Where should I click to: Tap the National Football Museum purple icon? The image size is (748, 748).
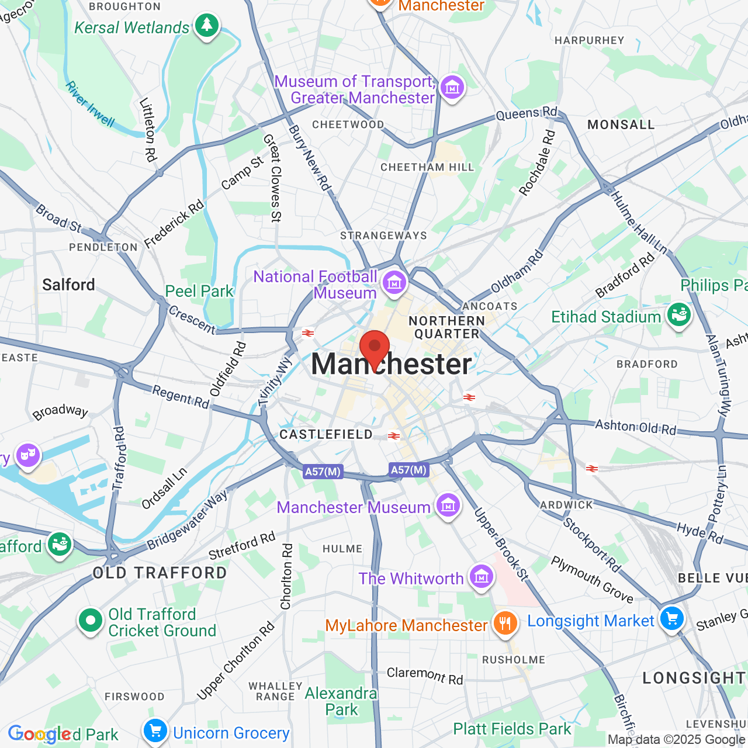coord(394,283)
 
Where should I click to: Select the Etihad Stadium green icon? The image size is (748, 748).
coord(678,316)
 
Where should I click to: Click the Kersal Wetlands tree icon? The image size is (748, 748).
coord(206,25)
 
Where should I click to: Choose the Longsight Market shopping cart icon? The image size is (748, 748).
coord(671,619)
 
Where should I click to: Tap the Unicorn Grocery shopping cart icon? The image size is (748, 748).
coord(155,731)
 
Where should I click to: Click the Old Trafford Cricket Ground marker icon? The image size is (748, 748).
coord(91,621)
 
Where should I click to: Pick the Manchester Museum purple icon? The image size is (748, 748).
coord(448,505)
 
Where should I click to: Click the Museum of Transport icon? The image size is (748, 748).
coord(452,88)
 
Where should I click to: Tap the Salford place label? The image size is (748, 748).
coord(68,285)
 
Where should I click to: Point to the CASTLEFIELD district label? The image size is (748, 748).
coord(326,434)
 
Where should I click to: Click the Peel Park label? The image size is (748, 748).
coord(199,291)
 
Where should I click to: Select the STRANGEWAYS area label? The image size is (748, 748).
coord(383,236)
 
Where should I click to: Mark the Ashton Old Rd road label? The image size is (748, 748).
coord(635,427)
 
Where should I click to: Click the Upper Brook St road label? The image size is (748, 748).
coord(501,545)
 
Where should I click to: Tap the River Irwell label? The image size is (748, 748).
coord(90,104)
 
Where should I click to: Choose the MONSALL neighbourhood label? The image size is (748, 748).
coord(621,124)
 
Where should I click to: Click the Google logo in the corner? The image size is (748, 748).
coord(40,733)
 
